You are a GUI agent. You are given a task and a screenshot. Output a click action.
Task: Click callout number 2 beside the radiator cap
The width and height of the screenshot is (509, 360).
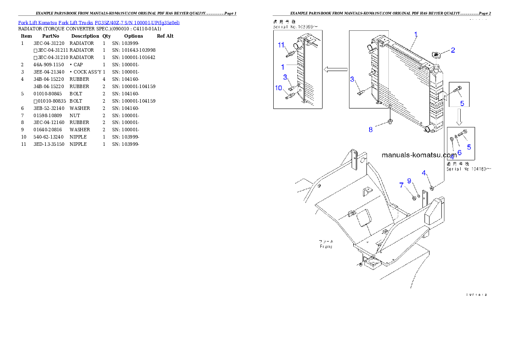point(453,50)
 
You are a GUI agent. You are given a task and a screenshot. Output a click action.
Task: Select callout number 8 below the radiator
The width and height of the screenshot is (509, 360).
point(371,129)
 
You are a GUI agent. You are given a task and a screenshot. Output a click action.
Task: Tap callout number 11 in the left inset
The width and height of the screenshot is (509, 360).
point(281,45)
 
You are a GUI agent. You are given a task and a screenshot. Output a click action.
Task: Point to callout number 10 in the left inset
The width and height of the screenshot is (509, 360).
point(279,88)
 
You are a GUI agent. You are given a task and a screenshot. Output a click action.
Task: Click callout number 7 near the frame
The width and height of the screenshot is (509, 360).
point(401,185)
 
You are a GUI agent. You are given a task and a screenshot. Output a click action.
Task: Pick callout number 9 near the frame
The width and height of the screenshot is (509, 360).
point(409,181)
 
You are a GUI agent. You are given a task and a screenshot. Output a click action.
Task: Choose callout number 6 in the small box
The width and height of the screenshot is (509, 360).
point(459,152)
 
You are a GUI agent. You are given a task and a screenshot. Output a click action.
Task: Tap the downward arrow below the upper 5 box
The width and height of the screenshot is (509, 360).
point(458,115)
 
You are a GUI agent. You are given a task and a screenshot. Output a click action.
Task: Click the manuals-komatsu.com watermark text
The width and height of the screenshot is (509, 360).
point(419,155)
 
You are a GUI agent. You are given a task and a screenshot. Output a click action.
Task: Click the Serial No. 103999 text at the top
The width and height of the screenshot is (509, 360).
point(296,27)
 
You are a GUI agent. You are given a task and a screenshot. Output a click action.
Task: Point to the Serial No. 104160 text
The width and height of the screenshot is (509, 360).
point(468,169)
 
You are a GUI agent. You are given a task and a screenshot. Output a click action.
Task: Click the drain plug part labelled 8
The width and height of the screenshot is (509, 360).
point(390,123)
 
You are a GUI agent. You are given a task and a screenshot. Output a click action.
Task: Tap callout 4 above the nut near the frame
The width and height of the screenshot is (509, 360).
point(424,173)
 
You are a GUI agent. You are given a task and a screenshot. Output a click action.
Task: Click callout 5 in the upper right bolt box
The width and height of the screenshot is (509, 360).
point(462,103)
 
